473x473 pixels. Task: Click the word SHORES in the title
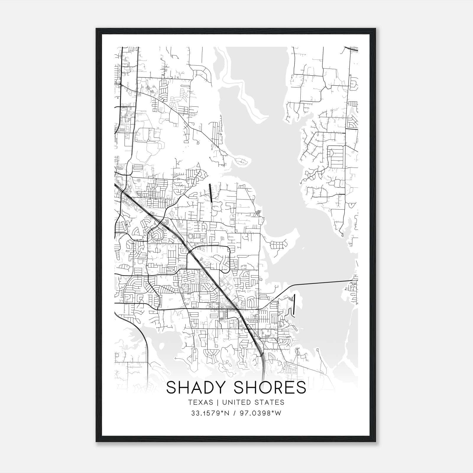(270, 388)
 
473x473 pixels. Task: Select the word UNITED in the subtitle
(236, 403)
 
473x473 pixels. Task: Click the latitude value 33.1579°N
(210, 413)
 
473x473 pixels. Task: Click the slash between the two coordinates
(234, 413)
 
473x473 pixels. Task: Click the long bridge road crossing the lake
(322, 283)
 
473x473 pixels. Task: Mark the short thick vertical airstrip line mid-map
(211, 193)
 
